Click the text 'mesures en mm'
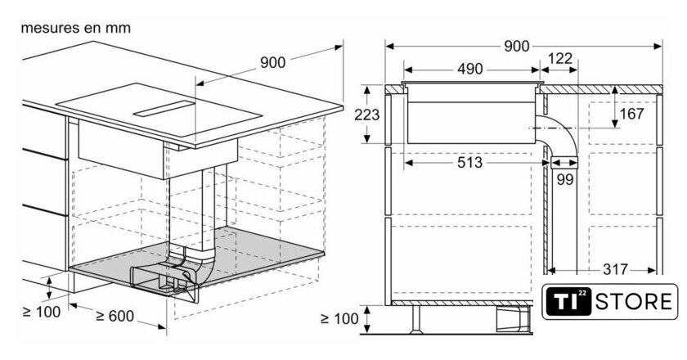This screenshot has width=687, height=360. coord(76,28)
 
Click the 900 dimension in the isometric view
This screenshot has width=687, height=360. coord(272,63)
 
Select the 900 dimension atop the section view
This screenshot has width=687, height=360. coord(517,46)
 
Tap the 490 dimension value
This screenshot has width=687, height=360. coord(470,69)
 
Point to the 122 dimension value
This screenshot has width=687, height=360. coord(560,58)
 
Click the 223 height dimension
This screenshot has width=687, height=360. coord(366,115)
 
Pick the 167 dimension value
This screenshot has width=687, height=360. coord(631,114)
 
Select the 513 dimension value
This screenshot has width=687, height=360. coord(469,163)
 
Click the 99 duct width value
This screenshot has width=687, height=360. coord(565,179)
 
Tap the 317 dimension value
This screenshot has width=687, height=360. coord(616,269)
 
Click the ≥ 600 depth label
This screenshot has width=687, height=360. coord(114,316)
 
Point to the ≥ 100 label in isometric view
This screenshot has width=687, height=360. coord(41,312)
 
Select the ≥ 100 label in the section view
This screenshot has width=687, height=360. coord(339,319)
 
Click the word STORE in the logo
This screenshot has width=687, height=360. coord(634,302)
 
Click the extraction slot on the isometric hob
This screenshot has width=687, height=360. coord(164,109)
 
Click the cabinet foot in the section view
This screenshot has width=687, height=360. coord(415,320)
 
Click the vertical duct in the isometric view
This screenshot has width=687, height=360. coord(214,209)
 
